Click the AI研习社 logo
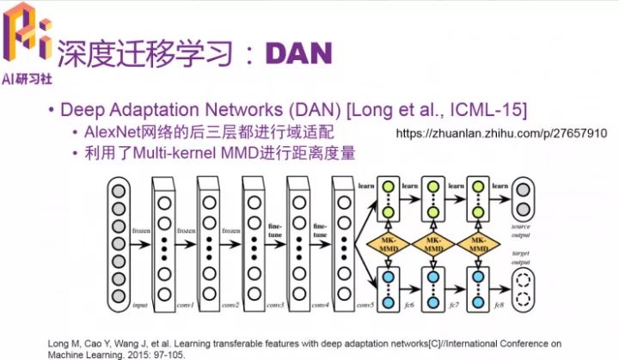(27, 43)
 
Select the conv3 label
(276, 306)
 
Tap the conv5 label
(367, 306)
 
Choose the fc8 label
(499, 306)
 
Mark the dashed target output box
(522, 284)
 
